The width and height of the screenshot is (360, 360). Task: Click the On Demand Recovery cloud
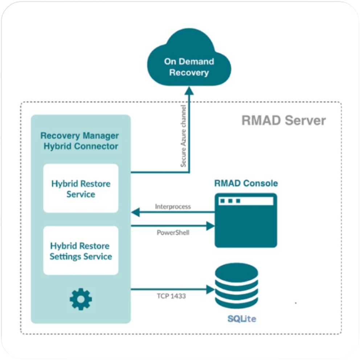[189, 57]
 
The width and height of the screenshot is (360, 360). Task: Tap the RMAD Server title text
[283, 120]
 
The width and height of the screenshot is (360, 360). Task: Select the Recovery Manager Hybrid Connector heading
[80, 141]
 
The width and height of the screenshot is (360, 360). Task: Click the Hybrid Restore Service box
[81, 188]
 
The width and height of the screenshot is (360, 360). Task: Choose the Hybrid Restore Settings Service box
[81, 251]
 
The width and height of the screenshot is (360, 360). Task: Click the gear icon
[81, 299]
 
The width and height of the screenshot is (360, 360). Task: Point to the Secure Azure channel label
[183, 136]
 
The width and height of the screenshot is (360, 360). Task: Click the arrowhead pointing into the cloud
[189, 91]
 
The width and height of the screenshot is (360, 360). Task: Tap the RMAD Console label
[246, 183]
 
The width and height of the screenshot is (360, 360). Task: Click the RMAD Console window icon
[246, 220]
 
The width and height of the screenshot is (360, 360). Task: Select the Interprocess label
[173, 207]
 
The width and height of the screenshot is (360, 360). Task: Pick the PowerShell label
[173, 233]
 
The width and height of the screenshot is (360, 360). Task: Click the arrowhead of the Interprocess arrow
[135, 212]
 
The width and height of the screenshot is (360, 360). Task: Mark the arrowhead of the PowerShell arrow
[210, 226]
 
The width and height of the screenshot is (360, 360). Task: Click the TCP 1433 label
[171, 296]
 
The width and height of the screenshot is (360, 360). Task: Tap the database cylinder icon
[237, 286]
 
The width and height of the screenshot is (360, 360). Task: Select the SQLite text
[242, 319]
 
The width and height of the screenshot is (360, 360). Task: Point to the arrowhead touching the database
[210, 289]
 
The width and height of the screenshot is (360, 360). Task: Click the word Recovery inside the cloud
[189, 73]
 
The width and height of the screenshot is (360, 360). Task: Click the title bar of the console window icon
[246, 201]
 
